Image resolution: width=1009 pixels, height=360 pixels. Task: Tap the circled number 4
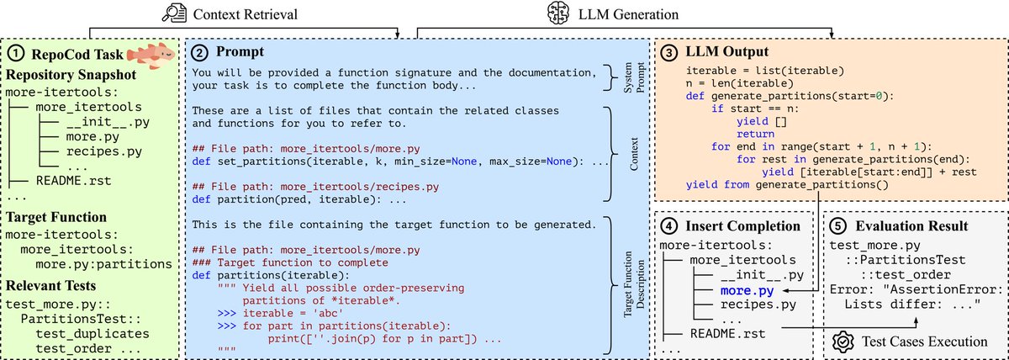[x=669, y=226]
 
